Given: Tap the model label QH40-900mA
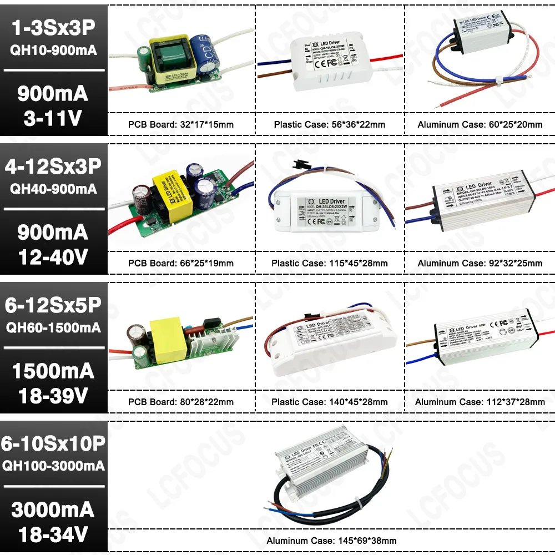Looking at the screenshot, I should click(53, 189).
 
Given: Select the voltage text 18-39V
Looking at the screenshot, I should click(53, 396).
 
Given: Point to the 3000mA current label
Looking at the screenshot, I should click(53, 509).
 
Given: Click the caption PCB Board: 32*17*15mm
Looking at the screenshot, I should click(181, 125).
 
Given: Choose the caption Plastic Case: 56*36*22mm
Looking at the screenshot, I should click(330, 125).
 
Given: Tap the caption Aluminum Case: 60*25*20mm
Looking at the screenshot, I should click(480, 125).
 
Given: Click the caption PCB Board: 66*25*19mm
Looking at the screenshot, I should click(181, 264).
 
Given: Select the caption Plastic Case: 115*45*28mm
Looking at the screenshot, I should click(330, 264).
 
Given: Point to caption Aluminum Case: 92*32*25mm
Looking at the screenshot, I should click(480, 264).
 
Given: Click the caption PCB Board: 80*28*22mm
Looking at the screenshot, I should click(181, 402).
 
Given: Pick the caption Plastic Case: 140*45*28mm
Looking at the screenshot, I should click(330, 402).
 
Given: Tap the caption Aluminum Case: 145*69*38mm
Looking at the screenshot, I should click(331, 541).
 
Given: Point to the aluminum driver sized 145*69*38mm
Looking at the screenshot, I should click(316, 469).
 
